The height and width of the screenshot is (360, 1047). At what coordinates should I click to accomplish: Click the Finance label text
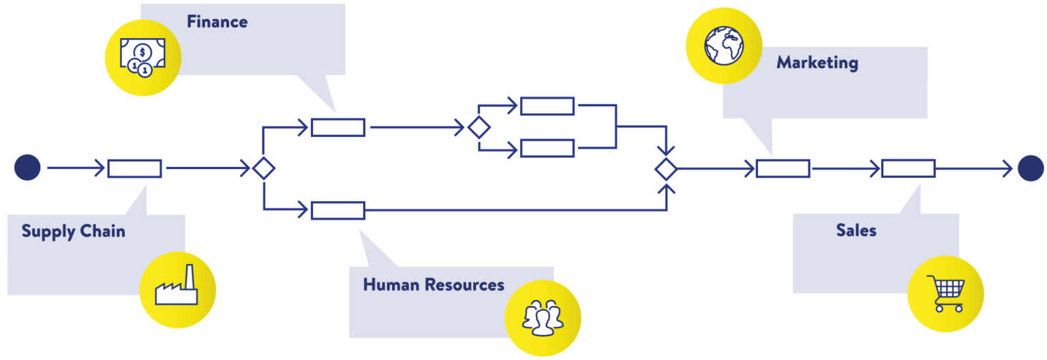tap(217, 22)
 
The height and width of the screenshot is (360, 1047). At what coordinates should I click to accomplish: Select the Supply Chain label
tap(73, 231)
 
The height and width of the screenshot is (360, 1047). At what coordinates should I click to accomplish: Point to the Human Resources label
tap(434, 284)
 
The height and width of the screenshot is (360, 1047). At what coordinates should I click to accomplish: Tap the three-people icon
tap(543, 318)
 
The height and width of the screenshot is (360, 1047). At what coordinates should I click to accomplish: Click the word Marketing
tap(817, 63)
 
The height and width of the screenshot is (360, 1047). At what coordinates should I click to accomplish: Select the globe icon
tap(723, 46)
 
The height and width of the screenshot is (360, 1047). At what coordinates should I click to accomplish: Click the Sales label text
tap(856, 230)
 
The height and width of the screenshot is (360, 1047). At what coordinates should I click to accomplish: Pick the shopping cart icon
tap(945, 294)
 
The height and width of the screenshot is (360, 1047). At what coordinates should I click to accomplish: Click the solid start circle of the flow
tap(27, 168)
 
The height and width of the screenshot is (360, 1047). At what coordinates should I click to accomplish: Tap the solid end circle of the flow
tap(1031, 168)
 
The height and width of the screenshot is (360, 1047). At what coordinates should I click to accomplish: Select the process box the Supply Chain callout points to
tap(134, 168)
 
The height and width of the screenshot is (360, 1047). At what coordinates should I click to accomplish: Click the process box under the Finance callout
tap(338, 127)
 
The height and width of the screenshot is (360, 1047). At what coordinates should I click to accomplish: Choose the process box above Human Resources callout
tap(338, 211)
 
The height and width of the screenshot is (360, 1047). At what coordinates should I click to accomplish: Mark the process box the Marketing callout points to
tap(783, 168)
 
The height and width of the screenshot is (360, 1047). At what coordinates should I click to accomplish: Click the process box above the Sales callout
tap(908, 168)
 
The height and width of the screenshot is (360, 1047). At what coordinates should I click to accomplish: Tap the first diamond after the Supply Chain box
tap(264, 168)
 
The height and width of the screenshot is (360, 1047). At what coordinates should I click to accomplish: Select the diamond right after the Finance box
tap(479, 127)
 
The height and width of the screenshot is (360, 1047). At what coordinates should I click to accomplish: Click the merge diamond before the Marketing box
tap(666, 168)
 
